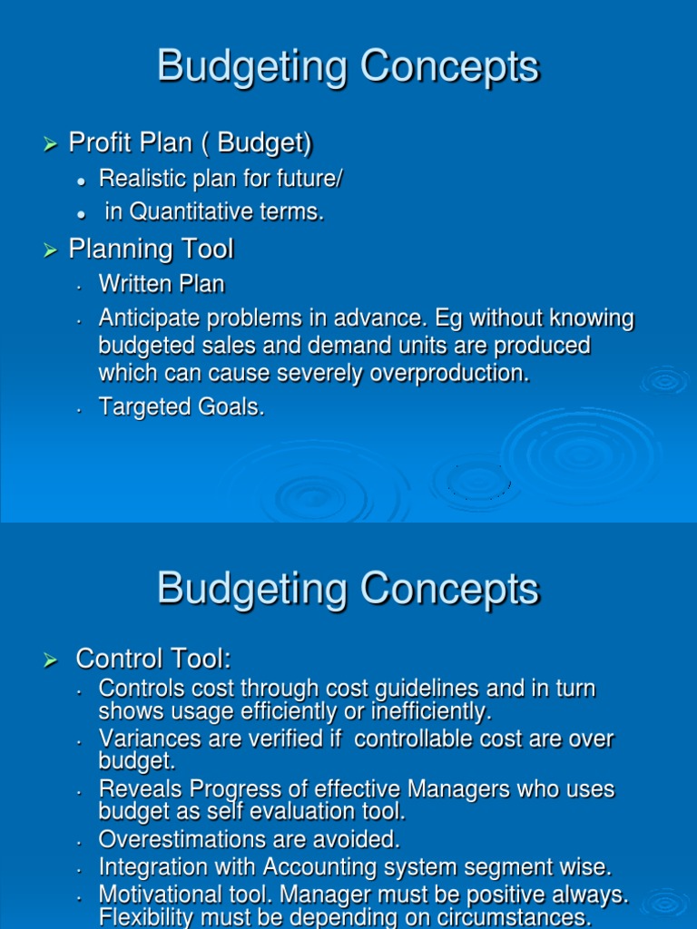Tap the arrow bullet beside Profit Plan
click(51, 143)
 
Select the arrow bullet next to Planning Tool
click(51, 249)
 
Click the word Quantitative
click(188, 212)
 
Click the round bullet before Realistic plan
click(82, 181)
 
